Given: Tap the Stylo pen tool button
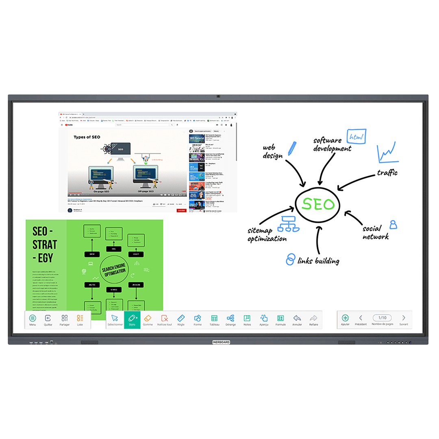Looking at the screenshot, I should coord(132,319).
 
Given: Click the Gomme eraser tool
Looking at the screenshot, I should coord(148,319).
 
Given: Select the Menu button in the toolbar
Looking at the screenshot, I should coord(33,319).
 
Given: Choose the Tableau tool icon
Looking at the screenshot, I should coord(214,319).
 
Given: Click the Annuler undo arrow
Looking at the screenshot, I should coord(297,319).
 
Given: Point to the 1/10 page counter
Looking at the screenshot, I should coord(382,318).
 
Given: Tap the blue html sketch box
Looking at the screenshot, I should coord(356,137).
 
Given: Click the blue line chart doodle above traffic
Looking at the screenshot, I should coord(387,153).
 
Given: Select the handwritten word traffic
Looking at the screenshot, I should coord(387,173).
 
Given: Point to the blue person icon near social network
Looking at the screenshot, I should coord(393,224).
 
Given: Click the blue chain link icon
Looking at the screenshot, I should coord(290,259).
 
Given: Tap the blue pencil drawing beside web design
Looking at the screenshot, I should coord(292,149).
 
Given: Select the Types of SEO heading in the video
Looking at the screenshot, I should coord(87,137).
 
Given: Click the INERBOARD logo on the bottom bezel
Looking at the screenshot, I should coord(221,342).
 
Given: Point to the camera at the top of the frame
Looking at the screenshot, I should coord(218,97).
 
